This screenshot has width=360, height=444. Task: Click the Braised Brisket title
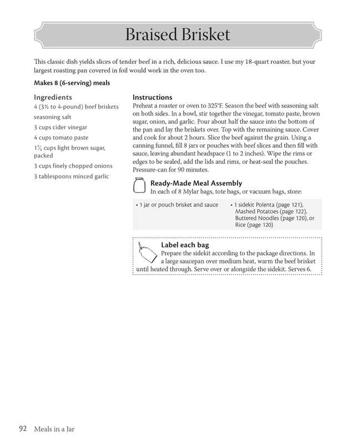point(178,35)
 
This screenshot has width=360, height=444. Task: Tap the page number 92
point(23,428)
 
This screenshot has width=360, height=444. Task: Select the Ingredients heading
point(53,97)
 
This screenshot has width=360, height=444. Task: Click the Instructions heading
point(153,97)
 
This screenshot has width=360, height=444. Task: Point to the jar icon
point(140,185)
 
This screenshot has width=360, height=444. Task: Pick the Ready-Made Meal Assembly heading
point(196,183)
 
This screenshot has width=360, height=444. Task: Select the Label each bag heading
point(185,245)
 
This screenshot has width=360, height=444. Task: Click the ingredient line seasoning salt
point(52,117)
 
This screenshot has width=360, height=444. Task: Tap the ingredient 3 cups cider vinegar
point(60,127)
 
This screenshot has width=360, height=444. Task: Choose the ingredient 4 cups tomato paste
point(61,137)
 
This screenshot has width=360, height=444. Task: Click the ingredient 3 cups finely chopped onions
point(73,165)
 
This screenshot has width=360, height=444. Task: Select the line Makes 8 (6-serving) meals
point(72,83)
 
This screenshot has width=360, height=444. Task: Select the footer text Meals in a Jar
point(54,429)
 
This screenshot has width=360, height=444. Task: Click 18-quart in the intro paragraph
point(251,62)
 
